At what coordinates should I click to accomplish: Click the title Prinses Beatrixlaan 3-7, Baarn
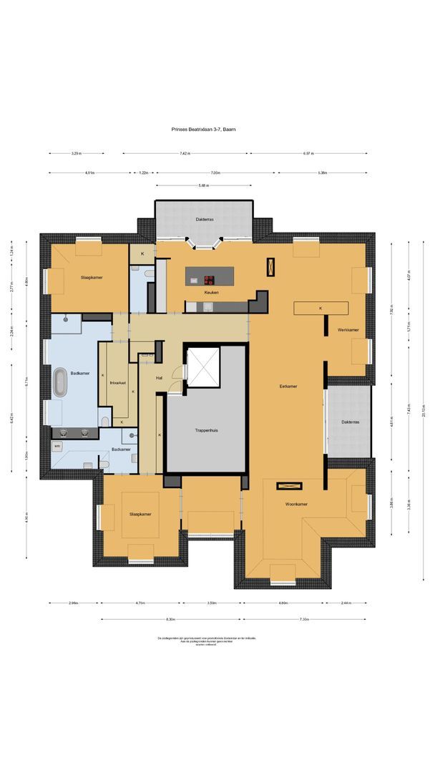(203, 129)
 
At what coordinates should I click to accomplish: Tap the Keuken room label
(210, 293)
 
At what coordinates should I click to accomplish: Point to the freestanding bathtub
(60, 383)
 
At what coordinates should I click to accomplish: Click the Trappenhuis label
(207, 431)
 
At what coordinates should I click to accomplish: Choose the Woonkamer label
(296, 504)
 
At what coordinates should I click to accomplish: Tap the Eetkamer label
(288, 386)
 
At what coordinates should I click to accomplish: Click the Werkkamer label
(348, 329)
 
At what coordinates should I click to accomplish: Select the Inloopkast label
(118, 383)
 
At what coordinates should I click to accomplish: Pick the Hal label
(160, 379)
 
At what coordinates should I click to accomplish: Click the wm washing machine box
(57, 445)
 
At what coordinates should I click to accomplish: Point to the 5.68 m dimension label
(204, 185)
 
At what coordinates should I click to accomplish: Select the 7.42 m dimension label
(185, 153)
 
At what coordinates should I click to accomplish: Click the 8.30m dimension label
(170, 619)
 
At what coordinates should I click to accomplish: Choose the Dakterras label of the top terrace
(204, 219)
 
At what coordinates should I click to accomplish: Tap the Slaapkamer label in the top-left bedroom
(92, 277)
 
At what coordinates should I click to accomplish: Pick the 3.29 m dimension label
(76, 153)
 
